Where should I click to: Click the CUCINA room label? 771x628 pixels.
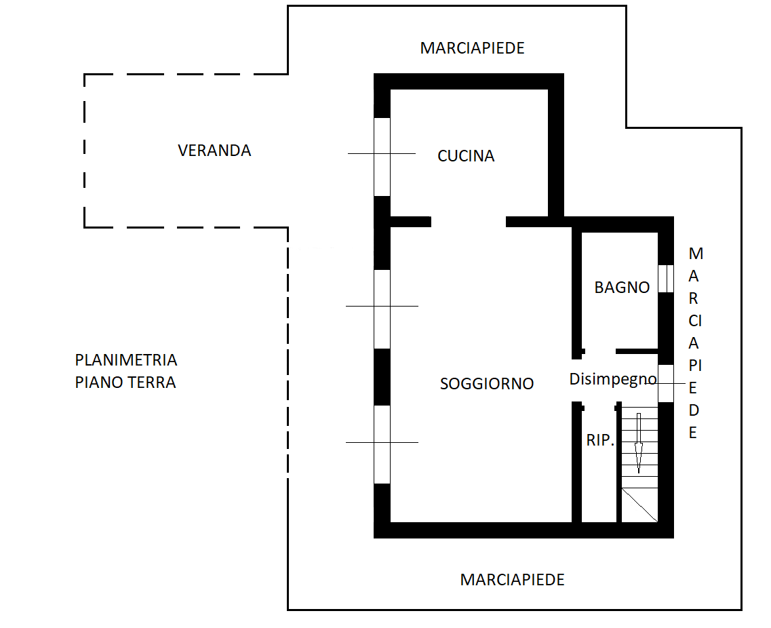tap(466, 156)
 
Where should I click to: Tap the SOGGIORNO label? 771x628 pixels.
tap(487, 384)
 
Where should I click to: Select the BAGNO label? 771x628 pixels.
tap(622, 287)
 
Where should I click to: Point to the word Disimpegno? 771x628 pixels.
tap(613, 379)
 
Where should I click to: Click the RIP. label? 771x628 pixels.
tap(600, 440)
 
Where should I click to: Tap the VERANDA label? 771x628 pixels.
tap(214, 151)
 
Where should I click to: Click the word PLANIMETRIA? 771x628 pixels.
tap(126, 360)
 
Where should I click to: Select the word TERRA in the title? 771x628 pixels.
tap(153, 382)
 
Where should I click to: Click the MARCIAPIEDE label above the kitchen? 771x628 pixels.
tap(472, 48)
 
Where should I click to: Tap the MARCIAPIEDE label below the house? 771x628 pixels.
tap(512, 580)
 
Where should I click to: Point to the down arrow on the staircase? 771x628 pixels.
tap(639, 443)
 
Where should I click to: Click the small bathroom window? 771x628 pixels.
tap(666, 279)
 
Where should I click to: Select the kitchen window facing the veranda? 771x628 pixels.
tap(382, 157)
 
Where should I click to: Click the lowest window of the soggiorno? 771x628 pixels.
tap(382, 445)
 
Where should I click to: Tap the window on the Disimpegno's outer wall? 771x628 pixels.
tap(666, 384)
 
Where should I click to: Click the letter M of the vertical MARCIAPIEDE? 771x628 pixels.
tap(696, 254)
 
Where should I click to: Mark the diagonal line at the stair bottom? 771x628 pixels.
tap(639, 505)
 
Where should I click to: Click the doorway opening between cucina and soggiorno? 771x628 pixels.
tap(469, 222)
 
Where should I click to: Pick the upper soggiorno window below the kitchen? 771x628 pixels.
tap(382, 309)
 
